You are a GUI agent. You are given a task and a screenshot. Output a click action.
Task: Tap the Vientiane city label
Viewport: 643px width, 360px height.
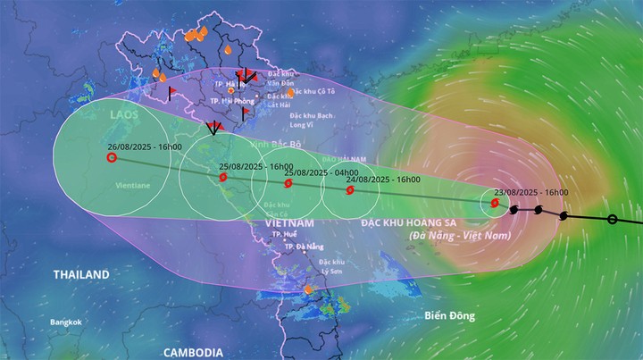tap(131, 185)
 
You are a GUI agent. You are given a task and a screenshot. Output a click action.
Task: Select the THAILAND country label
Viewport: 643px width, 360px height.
tap(80, 274)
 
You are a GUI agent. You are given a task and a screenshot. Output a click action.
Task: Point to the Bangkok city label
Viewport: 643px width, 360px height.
tap(66, 322)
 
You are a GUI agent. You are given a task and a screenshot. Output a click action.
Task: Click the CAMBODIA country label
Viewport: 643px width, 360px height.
tap(194, 352)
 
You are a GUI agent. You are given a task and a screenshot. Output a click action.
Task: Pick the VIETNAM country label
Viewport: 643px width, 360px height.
tap(289, 222)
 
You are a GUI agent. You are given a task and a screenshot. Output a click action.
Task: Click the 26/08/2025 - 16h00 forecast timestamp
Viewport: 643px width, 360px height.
tap(145, 147)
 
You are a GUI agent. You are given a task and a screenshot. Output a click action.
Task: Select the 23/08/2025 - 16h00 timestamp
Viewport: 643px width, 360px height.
tap(531, 193)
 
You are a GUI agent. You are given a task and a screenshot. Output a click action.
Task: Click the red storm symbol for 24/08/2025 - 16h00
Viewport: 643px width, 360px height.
tap(349, 189)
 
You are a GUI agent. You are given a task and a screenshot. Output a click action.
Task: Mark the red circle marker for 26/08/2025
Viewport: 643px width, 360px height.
tap(112, 158)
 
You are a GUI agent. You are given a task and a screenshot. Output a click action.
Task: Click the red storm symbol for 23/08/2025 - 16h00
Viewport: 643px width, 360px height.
tap(495, 203)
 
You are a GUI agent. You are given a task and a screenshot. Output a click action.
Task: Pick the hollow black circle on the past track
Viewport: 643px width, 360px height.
tap(612, 219)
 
